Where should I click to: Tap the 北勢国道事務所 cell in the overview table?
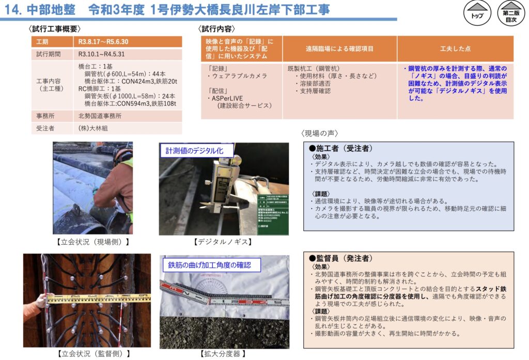click(100, 116)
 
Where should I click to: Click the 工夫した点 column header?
click(455, 49)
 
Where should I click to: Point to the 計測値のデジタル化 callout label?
click(196, 151)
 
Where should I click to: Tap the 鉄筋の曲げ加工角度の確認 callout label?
click(209, 265)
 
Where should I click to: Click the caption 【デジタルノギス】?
click(223, 241)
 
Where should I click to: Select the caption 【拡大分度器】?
click(223, 354)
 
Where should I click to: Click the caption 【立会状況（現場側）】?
click(92, 241)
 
